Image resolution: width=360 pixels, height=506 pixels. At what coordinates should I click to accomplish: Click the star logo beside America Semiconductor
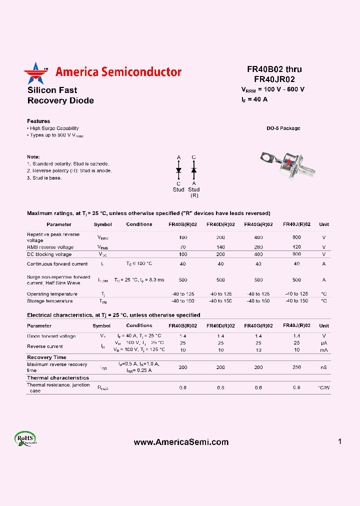coord(34,73)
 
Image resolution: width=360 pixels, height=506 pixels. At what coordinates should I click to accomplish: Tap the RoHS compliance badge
coord(25,438)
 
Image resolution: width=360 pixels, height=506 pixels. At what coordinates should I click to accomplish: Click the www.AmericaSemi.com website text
coord(181,442)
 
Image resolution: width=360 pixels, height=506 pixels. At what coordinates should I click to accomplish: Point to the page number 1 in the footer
coord(339,441)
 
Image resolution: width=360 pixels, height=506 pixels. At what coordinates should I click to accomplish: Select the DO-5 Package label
coord(283,128)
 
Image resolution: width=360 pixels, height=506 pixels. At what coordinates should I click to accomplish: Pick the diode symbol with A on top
coord(178,170)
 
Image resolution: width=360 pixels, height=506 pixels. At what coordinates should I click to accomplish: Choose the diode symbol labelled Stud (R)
coord(194,170)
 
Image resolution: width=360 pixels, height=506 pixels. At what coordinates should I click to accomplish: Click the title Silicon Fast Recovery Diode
coord(60,95)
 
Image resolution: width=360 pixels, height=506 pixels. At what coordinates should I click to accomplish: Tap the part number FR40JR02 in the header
coord(274,79)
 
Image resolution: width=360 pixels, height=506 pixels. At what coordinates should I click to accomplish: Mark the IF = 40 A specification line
coord(254,99)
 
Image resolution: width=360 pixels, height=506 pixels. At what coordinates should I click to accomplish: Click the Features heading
coord(38,121)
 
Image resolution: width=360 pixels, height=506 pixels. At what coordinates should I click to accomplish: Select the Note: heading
coord(33,156)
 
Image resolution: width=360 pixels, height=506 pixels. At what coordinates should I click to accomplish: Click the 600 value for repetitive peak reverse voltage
coord(296,237)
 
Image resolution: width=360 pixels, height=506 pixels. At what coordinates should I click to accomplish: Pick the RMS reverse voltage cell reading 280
coord(258,247)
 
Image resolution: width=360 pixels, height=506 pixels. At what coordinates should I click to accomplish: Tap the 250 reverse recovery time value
coord(296,367)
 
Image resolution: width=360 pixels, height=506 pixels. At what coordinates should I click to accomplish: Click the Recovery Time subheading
coord(46,357)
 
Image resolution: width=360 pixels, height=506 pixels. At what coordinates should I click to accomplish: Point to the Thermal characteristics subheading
coord(58,378)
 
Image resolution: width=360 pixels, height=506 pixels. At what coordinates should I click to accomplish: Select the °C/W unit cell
coord(323,388)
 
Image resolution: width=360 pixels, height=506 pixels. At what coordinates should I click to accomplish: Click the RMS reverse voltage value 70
coord(182,247)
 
